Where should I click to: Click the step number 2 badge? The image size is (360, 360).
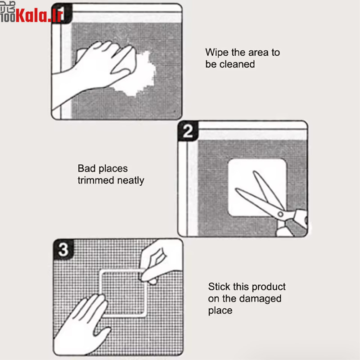point(188,131)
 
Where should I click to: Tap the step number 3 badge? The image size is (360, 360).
point(63,249)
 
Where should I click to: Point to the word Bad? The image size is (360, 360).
point(86,168)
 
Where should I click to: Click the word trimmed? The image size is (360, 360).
point(96,180)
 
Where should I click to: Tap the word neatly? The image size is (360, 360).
point(130,181)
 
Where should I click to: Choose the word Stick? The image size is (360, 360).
point(219,287)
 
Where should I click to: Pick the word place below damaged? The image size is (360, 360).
point(220,310)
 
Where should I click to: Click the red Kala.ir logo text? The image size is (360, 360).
point(39,15)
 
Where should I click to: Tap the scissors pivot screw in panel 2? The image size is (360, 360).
point(280,215)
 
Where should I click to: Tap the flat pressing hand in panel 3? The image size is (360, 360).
point(81,326)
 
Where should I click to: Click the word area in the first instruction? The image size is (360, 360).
point(258,53)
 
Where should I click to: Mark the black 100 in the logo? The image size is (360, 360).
point(8,18)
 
